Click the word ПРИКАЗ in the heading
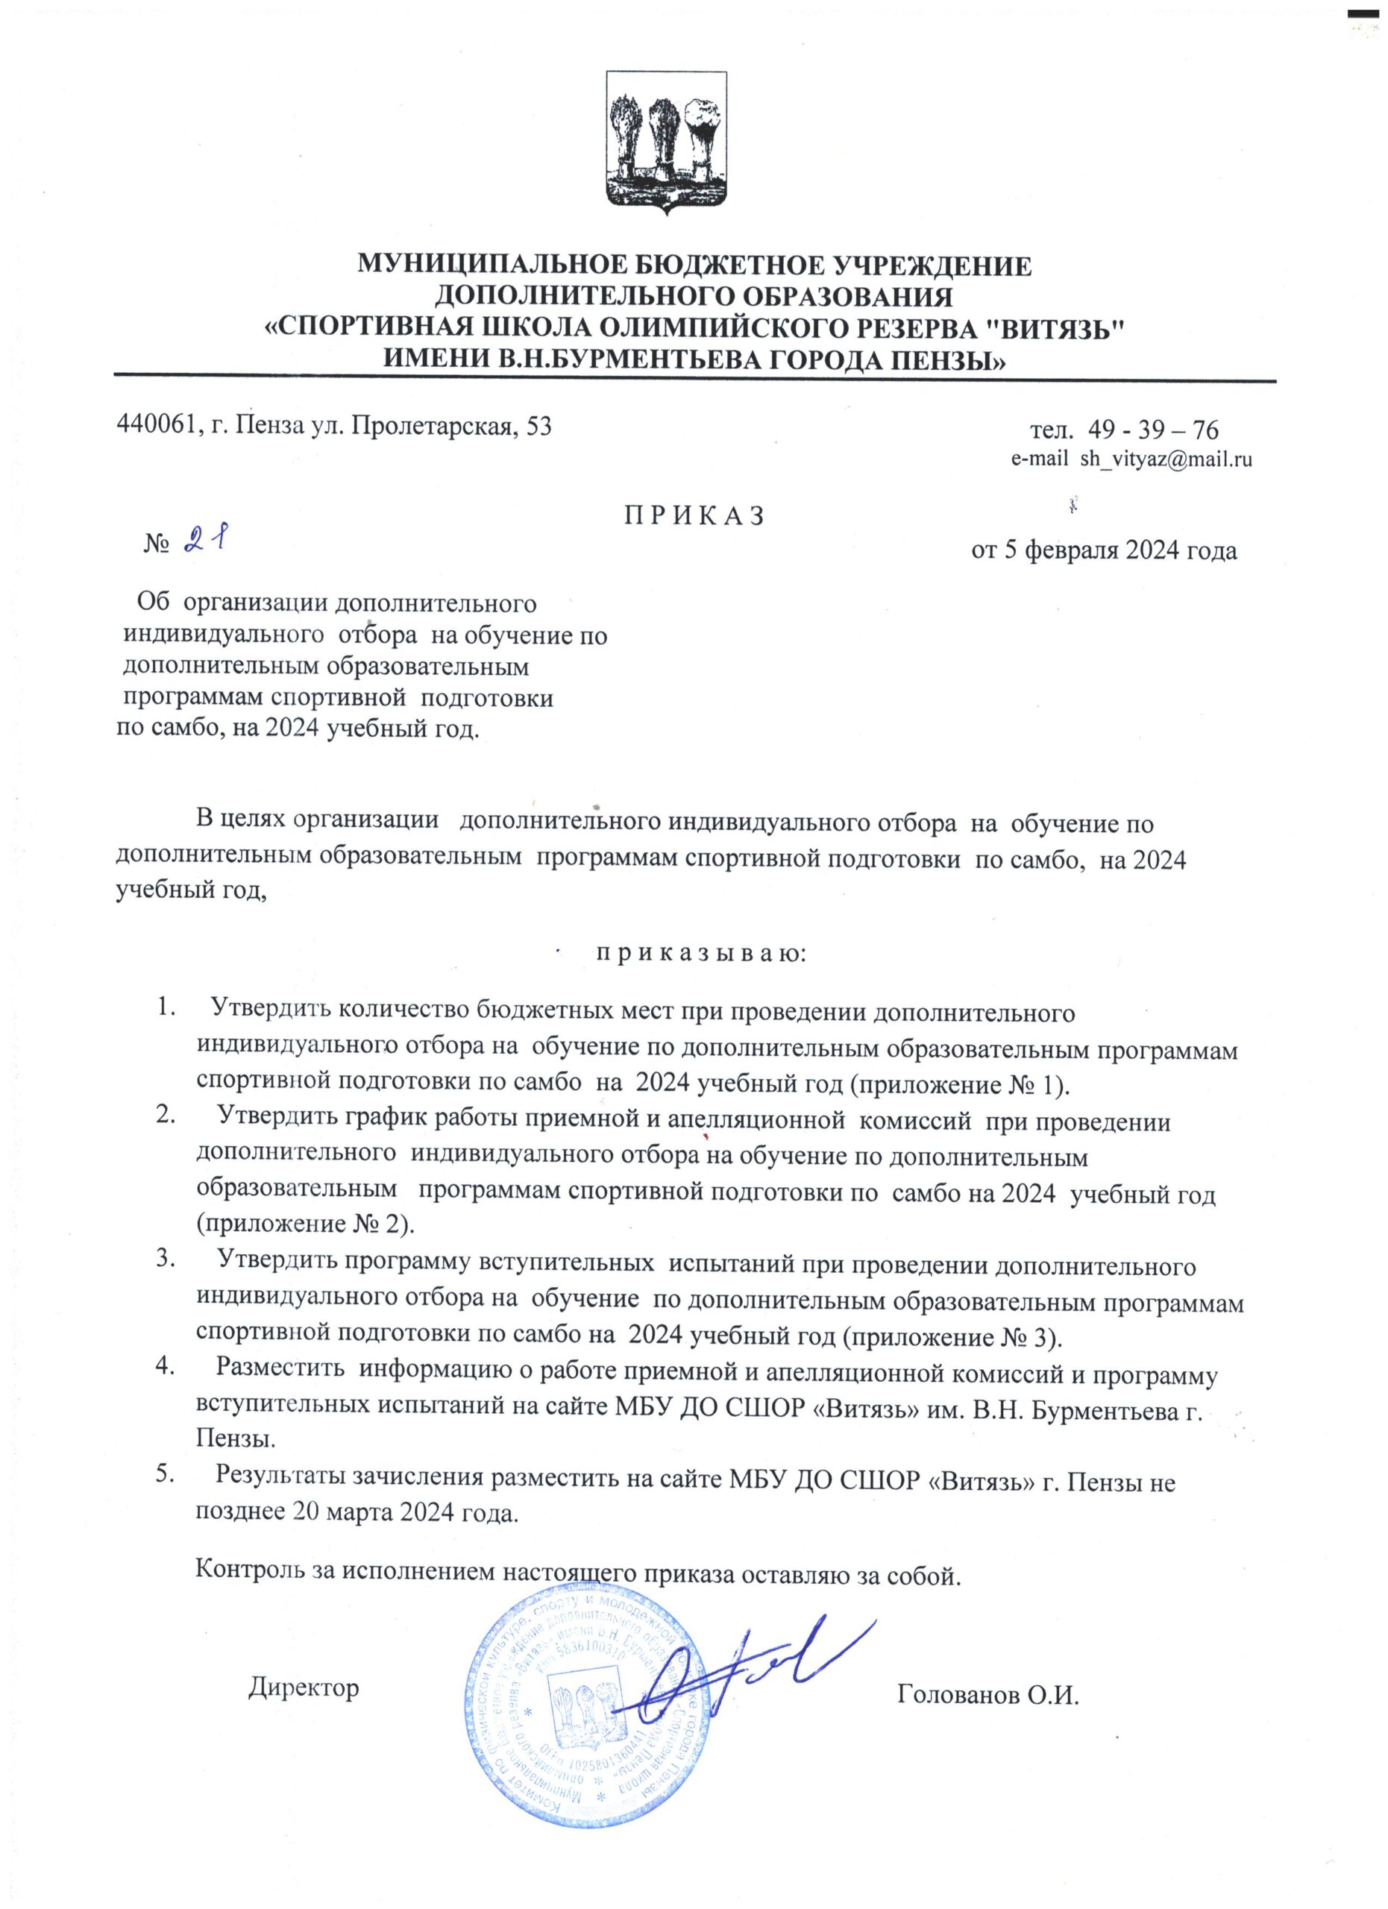click(694, 516)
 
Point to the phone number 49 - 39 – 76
click(1152, 430)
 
